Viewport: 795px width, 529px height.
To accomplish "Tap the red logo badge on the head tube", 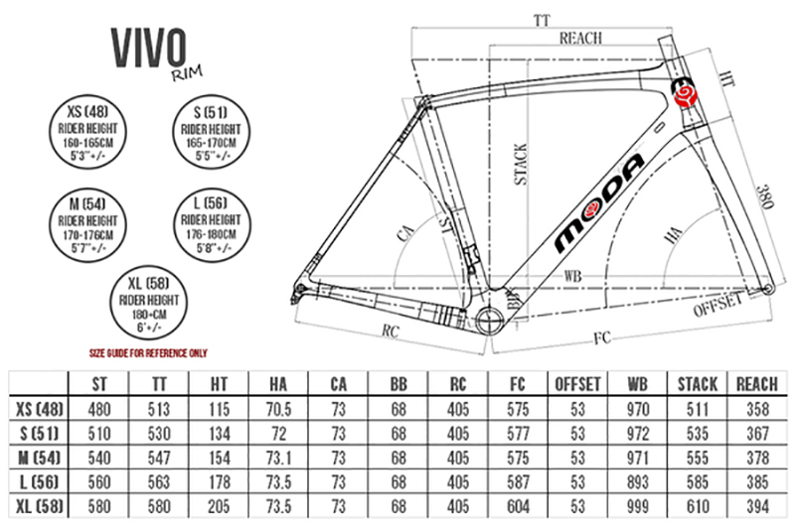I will pyautogui.click(x=685, y=95).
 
